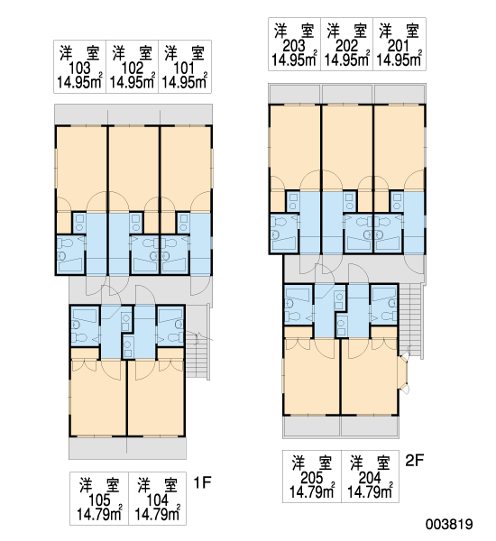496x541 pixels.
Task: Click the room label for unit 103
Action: [79, 67]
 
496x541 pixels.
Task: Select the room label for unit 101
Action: [185, 67]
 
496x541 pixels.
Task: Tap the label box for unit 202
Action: [346, 44]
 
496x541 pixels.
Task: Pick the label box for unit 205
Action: [312, 476]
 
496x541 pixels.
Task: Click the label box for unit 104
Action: [158, 499]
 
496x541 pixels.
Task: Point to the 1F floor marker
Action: [202, 482]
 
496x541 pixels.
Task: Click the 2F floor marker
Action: [414, 460]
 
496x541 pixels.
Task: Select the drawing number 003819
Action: [449, 524]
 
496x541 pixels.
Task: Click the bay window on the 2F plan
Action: [403, 373]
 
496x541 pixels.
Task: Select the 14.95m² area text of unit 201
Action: [399, 60]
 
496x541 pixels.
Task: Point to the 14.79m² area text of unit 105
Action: [99, 515]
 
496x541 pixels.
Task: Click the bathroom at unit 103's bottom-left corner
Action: [70, 254]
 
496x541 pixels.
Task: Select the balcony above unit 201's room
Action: [400, 94]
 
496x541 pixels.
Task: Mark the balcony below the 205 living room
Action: [312, 426]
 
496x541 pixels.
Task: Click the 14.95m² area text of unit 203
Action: [294, 60]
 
